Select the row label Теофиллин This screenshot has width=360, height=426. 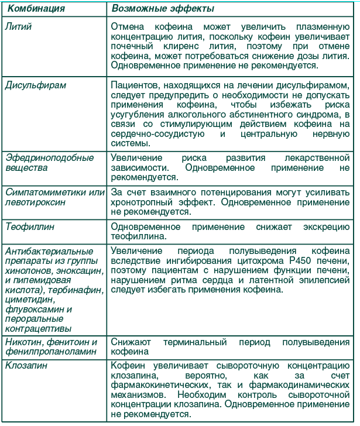pyautogui.click(x=29, y=226)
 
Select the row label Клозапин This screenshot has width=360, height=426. pyautogui.click(x=26, y=366)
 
